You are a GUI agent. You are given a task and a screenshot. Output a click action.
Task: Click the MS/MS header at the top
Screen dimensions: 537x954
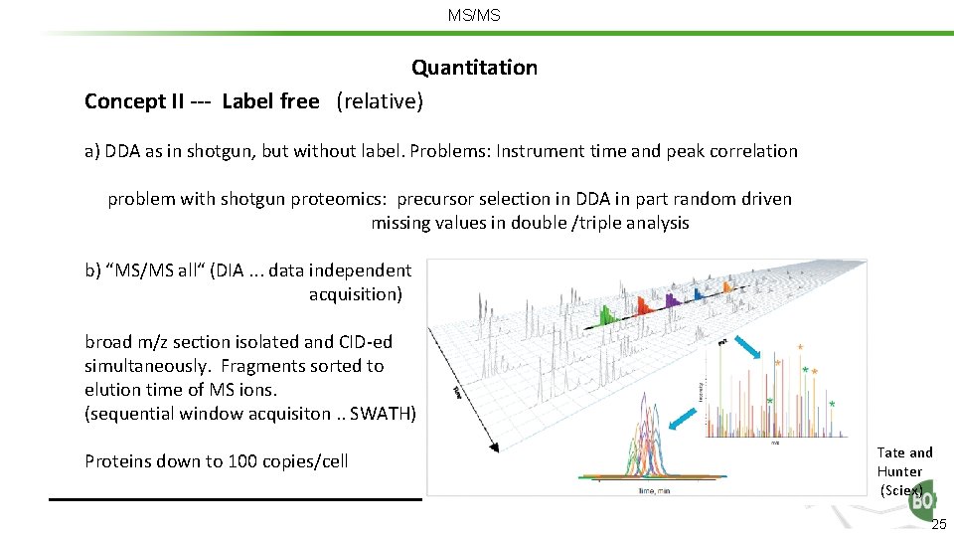pyautogui.click(x=474, y=16)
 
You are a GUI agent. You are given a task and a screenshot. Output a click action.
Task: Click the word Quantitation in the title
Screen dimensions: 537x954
pyautogui.click(x=474, y=68)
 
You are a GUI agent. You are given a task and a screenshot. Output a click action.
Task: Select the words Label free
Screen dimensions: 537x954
pyautogui.click(x=270, y=100)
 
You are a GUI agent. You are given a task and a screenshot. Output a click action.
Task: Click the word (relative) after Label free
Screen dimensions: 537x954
pyautogui.click(x=380, y=100)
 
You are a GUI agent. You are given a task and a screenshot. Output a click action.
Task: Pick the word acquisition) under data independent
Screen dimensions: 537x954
pyautogui.click(x=356, y=293)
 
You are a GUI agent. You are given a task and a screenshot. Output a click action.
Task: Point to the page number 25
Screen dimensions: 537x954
pyautogui.click(x=939, y=525)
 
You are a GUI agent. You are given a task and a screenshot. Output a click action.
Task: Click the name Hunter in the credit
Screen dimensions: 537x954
pyautogui.click(x=899, y=471)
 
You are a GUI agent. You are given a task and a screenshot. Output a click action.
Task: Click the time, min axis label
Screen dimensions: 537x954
pyautogui.click(x=656, y=489)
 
